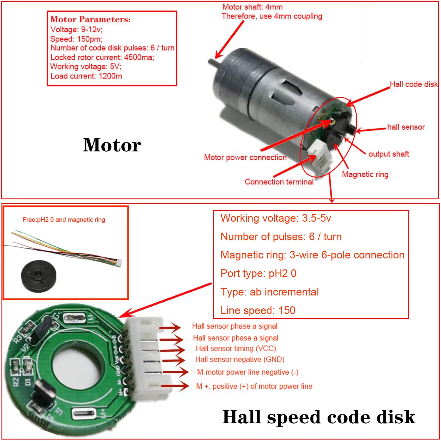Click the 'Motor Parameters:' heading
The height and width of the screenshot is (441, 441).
[90, 19]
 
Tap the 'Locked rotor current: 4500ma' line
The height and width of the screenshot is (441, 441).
[102, 57]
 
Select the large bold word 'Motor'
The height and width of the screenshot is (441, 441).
[112, 145]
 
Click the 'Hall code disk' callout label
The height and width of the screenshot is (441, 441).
[414, 84]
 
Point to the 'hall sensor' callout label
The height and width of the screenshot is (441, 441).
[406, 127]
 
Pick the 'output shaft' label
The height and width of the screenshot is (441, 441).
[388, 154]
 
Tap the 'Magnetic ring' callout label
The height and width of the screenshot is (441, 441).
[365, 174]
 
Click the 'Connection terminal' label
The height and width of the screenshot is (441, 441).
[279, 182]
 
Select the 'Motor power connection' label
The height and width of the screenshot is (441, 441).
[245, 157]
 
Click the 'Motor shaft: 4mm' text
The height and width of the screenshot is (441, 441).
[252, 7]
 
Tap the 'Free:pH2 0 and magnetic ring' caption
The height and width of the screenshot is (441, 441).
[64, 220]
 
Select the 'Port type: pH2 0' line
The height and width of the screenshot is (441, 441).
[258, 273]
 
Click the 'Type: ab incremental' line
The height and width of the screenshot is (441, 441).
[270, 292]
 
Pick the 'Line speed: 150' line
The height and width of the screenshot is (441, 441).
[258, 310]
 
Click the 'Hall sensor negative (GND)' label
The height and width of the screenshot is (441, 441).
[240, 359]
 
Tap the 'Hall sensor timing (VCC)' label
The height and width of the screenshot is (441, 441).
[236, 348]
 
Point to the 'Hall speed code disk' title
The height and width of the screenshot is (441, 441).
[319, 417]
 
